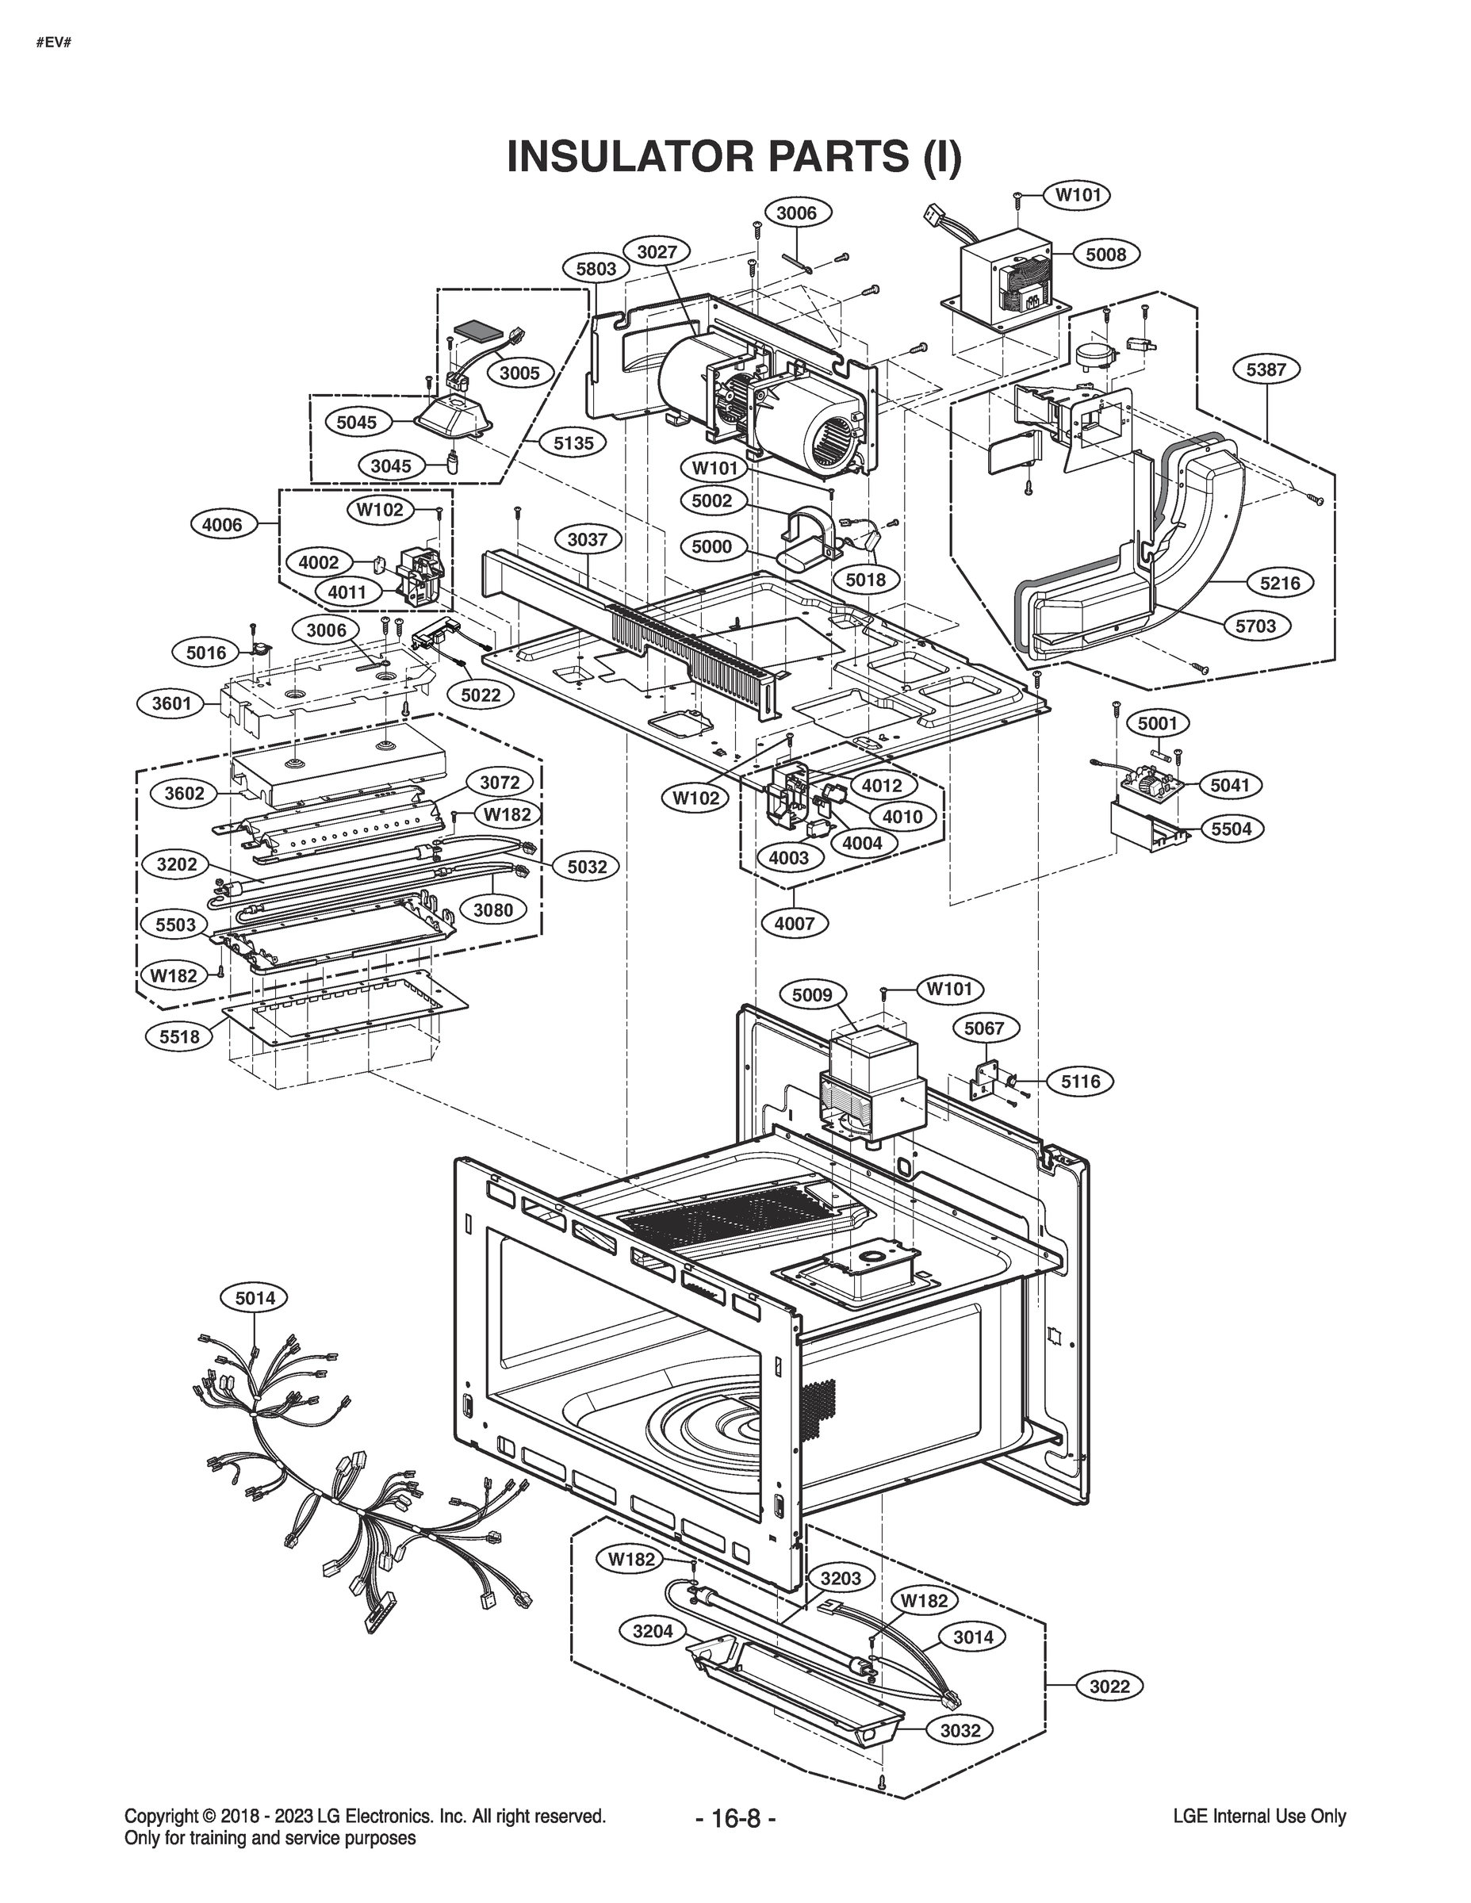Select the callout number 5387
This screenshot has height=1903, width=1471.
[x=1266, y=369]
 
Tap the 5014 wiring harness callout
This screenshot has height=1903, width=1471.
[x=255, y=1323]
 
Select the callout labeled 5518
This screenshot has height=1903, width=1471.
[x=179, y=1036]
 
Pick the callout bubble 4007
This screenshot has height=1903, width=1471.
[x=794, y=922]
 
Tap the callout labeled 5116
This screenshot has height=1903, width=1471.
[x=1081, y=1082]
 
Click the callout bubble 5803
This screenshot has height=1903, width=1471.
[x=596, y=268]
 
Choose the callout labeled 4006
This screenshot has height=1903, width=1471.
[x=222, y=525]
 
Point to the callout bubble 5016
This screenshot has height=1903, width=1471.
[x=205, y=653]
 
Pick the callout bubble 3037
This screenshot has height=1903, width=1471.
[x=588, y=539]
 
